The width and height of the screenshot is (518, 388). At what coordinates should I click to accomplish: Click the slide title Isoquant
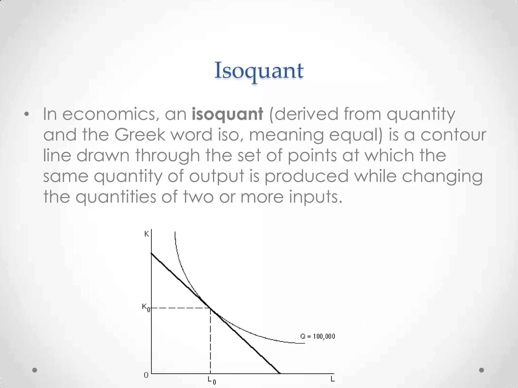pyautogui.click(x=259, y=71)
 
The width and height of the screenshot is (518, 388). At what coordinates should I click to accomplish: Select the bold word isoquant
pyautogui.click(x=227, y=114)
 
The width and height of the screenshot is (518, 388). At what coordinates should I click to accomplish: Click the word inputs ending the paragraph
pyautogui.click(x=315, y=197)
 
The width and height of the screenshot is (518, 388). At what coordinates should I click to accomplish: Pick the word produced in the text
pyautogui.click(x=306, y=176)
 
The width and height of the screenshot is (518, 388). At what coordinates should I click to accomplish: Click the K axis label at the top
pyautogui.click(x=146, y=234)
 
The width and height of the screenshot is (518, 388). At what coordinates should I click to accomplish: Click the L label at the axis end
pyautogui.click(x=332, y=379)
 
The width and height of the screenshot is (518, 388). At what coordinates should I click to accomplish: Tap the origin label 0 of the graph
pyautogui.click(x=146, y=375)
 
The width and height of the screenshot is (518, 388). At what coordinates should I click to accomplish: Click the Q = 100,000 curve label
pyautogui.click(x=318, y=336)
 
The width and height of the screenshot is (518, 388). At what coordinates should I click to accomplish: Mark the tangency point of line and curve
pyautogui.click(x=210, y=308)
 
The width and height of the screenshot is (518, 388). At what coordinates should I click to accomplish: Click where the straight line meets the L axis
pyautogui.click(x=279, y=373)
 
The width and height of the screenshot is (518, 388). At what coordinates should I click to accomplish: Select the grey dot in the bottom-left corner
pyautogui.click(x=35, y=370)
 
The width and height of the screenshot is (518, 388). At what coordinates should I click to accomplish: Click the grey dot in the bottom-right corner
pyautogui.click(x=482, y=370)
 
